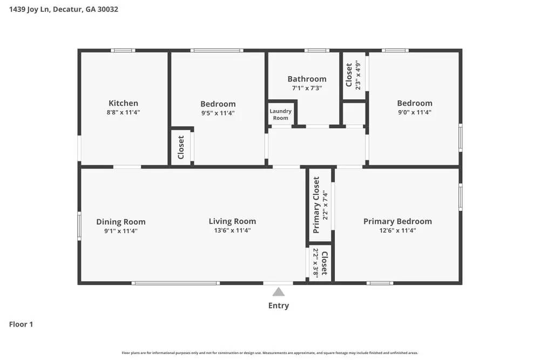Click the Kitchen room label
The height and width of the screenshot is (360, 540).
[x=123, y=103]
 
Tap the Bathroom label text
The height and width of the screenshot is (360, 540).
[x=307, y=79]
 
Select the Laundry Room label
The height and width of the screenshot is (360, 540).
[x=280, y=114]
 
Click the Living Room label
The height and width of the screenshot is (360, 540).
[x=232, y=221]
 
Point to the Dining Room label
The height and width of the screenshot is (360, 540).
[x=120, y=222]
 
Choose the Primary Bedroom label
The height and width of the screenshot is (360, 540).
[x=397, y=221]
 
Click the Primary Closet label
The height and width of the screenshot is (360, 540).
[x=316, y=205]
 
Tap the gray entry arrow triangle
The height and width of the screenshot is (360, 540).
[x=278, y=292]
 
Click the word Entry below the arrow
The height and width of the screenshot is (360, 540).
[x=278, y=305]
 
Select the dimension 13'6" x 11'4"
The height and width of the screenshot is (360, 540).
[x=232, y=230]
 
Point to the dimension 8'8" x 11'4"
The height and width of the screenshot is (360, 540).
[x=123, y=112]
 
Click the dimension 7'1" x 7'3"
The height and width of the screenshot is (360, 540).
[x=307, y=88]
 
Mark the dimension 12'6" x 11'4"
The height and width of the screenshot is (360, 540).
[x=397, y=230]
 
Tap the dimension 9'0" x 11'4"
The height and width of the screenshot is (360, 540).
[x=415, y=112]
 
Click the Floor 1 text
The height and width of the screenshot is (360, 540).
[x=21, y=324]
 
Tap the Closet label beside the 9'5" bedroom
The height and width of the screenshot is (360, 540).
[x=181, y=147]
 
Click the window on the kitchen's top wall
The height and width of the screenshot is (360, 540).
[x=123, y=51]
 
